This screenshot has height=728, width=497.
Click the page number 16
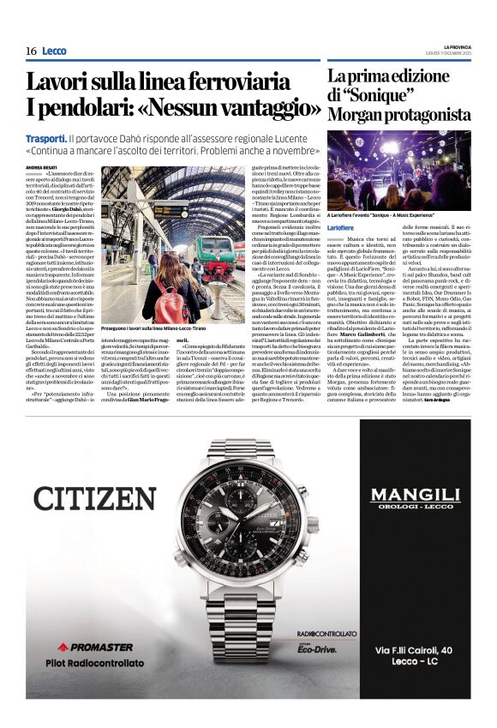click(x=31, y=51)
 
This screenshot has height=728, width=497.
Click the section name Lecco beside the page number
click(x=54, y=51)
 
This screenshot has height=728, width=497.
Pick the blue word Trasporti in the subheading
click(x=46, y=138)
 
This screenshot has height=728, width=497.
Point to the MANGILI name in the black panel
click(x=415, y=495)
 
